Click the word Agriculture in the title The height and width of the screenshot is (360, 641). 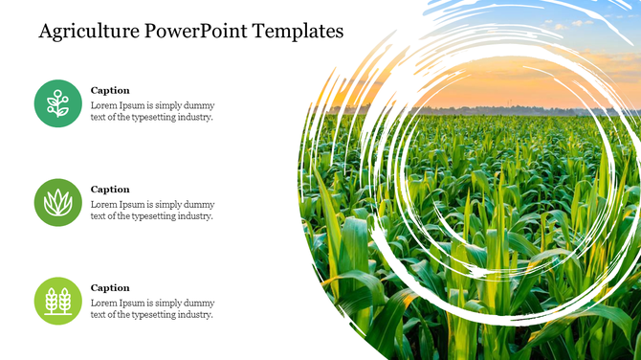[89, 31]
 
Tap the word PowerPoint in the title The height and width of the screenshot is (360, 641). [198, 31]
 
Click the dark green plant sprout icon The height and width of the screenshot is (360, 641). [58, 103]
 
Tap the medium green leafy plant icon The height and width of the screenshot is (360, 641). [58, 202]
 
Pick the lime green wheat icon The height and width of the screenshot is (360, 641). [58, 301]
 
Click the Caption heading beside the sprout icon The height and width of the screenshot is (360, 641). [110, 91]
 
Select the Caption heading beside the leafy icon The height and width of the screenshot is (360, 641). [110, 190]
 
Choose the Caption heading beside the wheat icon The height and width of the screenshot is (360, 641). [110, 288]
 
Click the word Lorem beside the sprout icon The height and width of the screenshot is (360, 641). [103, 105]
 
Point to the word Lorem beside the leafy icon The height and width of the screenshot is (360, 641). [103, 204]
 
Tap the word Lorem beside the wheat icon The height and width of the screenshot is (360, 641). [103, 303]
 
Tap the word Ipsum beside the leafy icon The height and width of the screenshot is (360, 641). [130, 204]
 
